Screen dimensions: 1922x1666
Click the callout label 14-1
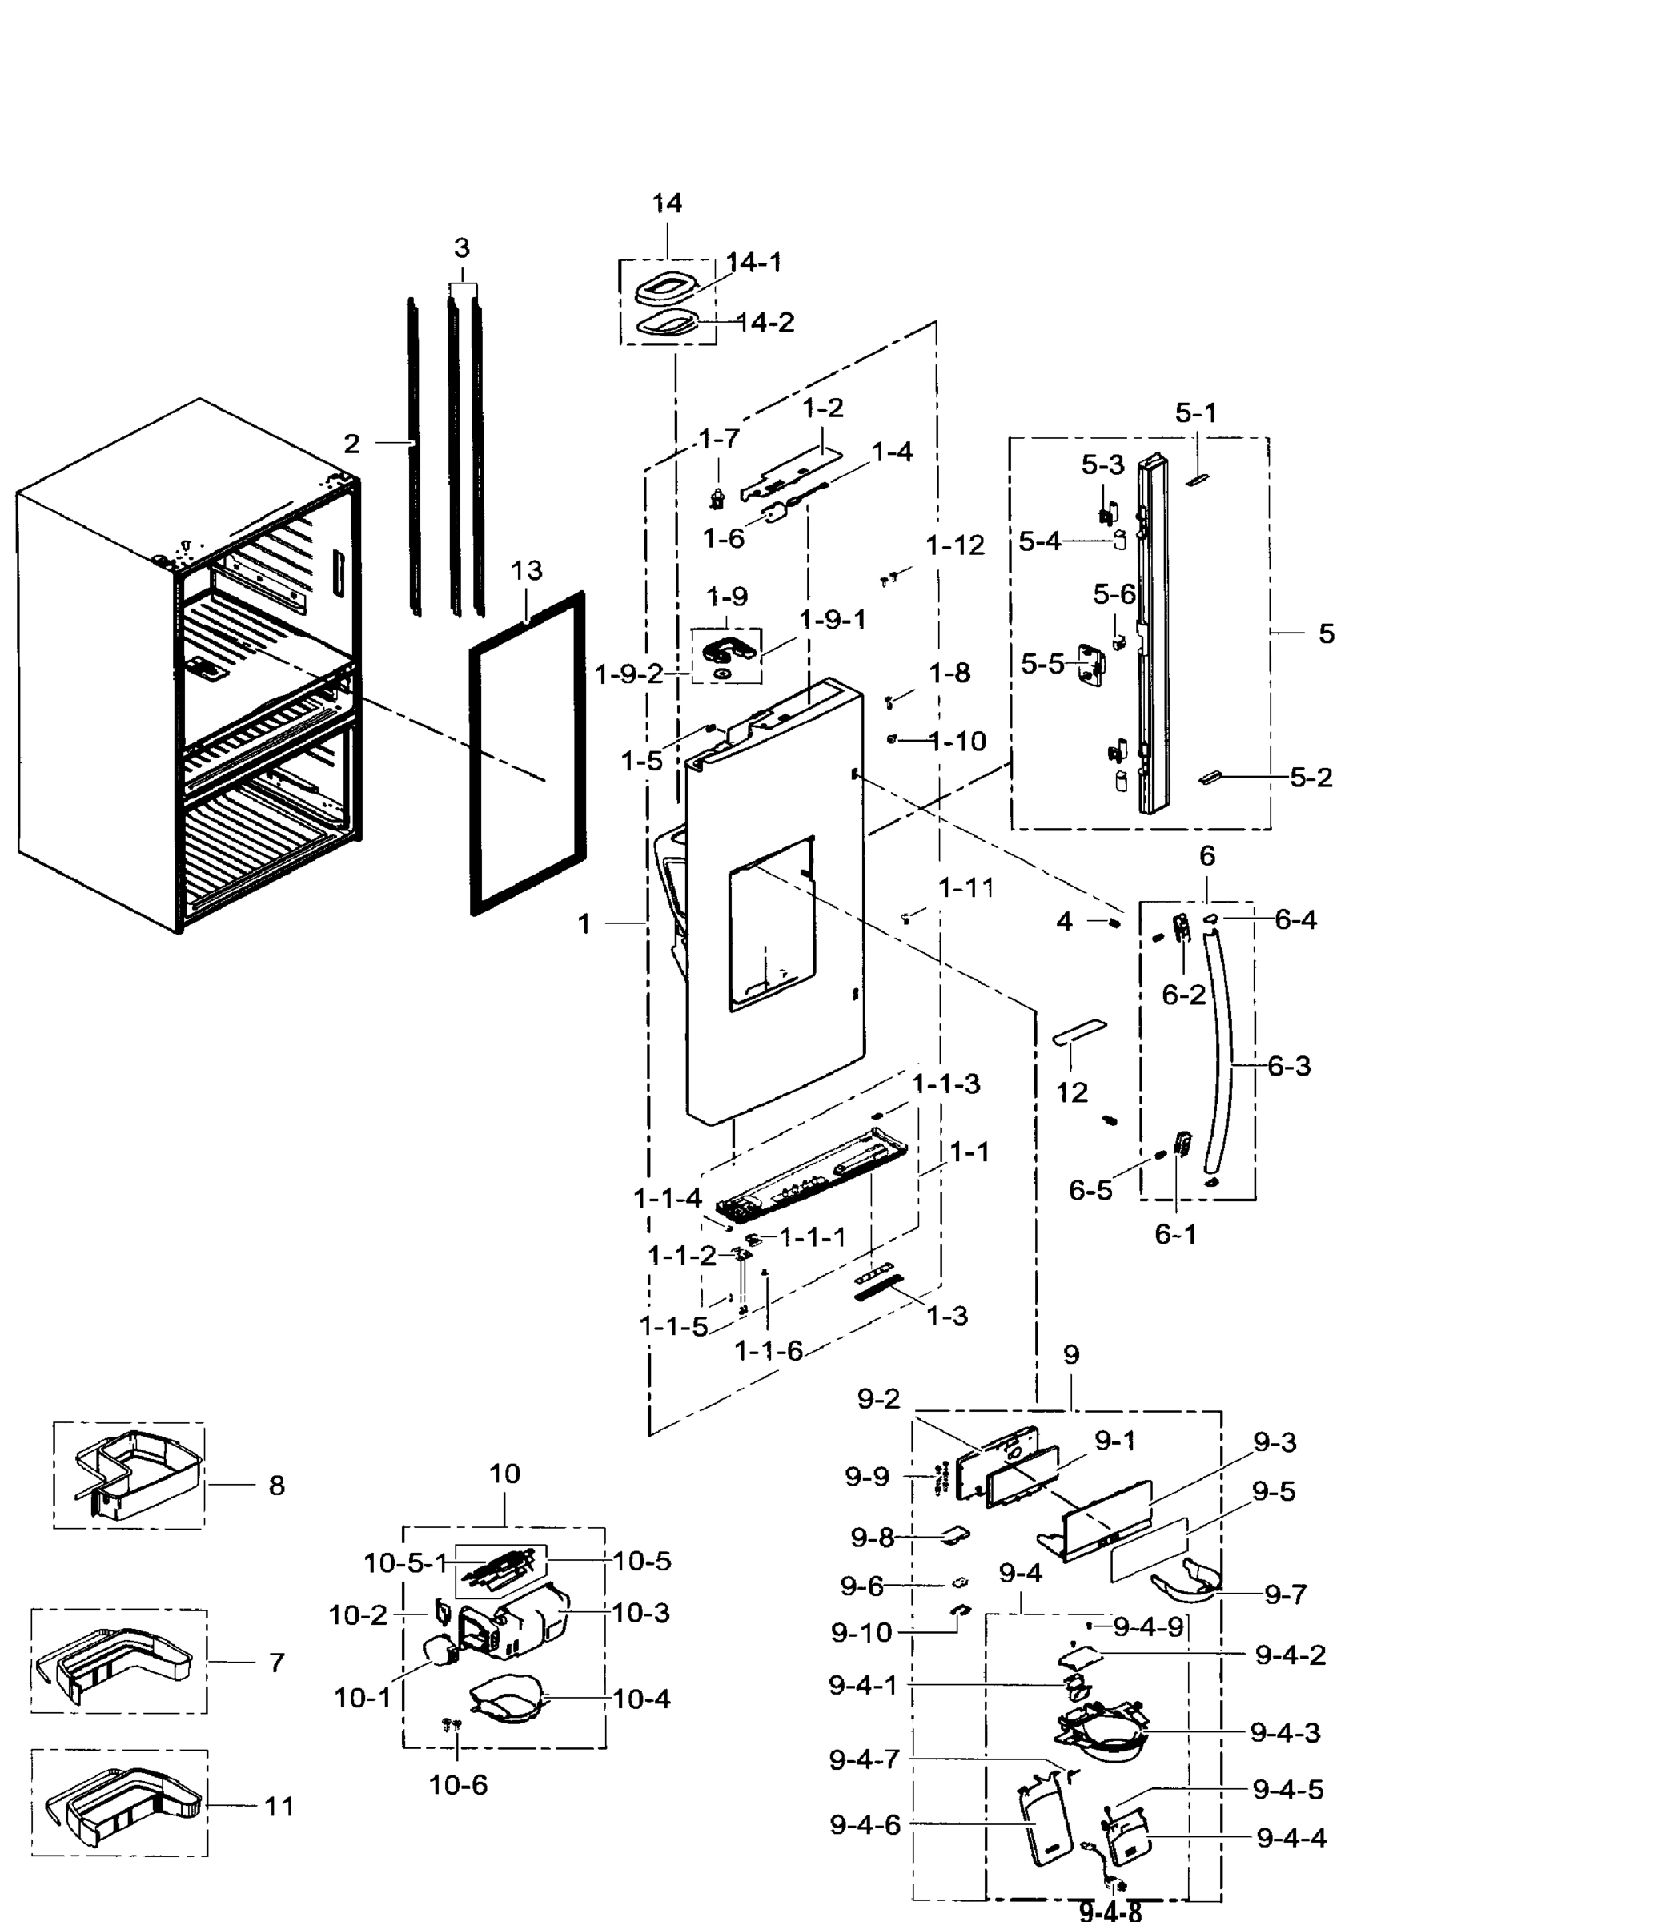click(754, 263)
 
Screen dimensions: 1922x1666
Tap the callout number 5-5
click(1042, 664)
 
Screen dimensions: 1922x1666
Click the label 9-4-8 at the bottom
click(1110, 1910)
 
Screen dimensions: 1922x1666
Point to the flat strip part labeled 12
click(1078, 1031)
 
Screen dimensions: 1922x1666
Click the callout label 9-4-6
click(865, 1825)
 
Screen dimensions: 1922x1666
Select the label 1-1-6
click(768, 1351)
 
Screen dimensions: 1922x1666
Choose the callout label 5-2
click(1311, 778)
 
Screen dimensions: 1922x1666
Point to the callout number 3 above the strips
click(461, 248)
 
